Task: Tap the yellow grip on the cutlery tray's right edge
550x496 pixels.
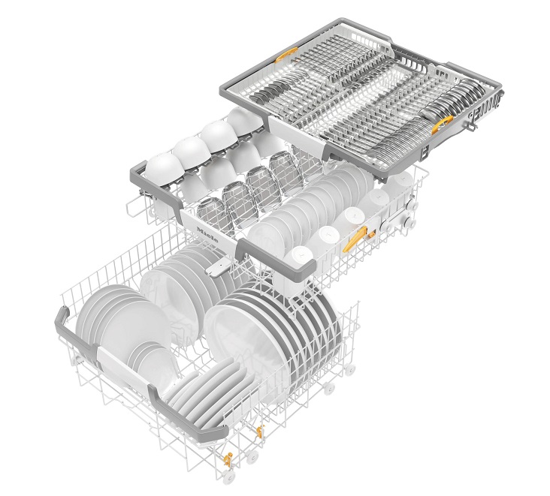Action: (x=443, y=125)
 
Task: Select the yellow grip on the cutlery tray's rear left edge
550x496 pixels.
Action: (x=286, y=55)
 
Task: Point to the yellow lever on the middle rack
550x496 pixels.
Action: (x=355, y=239)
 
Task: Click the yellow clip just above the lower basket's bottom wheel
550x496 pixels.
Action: (x=228, y=459)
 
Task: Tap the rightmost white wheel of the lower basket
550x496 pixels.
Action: (x=349, y=370)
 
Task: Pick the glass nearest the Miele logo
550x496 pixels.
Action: (x=214, y=214)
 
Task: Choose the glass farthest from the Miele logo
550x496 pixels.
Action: (x=286, y=172)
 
